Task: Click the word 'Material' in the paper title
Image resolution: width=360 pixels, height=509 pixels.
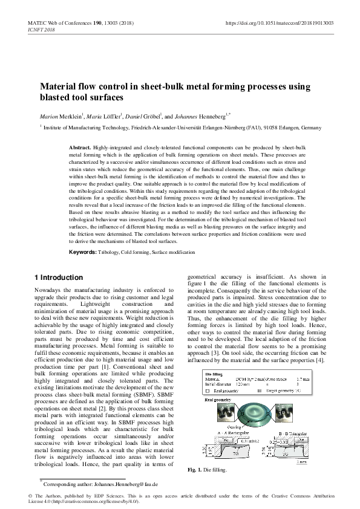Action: [57, 87]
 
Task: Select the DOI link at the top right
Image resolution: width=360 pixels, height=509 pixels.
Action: [279, 22]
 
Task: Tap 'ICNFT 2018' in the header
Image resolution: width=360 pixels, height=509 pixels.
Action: [42, 28]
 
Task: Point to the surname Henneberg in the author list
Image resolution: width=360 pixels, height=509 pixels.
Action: [226, 116]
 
